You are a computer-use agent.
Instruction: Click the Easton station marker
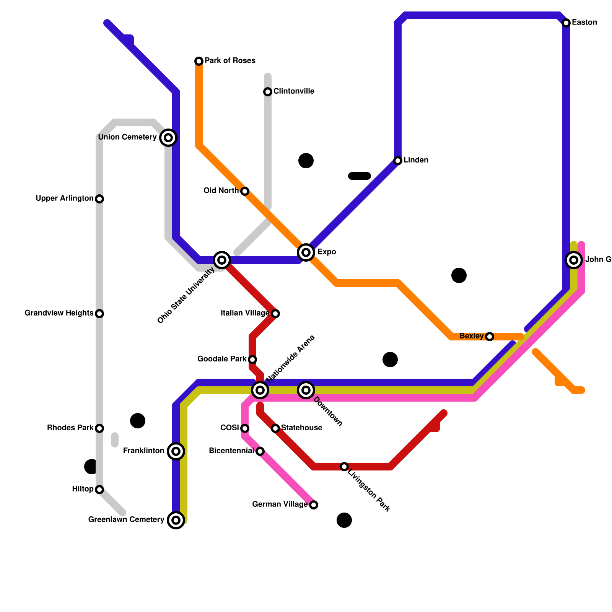coord(566,23)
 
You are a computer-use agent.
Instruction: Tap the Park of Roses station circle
coord(199,61)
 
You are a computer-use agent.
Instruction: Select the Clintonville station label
coord(294,91)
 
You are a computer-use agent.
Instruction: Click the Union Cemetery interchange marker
coord(168,138)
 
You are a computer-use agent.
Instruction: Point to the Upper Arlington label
coord(64,199)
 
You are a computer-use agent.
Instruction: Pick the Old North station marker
coord(245,191)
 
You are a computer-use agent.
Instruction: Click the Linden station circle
coord(398,161)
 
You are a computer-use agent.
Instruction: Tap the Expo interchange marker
coord(306,252)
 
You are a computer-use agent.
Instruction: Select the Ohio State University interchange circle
coord(222,260)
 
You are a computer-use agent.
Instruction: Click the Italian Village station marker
coord(275,314)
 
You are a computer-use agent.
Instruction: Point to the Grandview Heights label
coord(59,313)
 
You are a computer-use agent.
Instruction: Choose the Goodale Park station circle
coord(252,360)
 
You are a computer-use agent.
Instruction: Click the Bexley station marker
coord(490,337)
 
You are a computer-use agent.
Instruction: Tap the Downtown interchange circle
coord(306,390)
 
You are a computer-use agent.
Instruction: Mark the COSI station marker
coord(245,428)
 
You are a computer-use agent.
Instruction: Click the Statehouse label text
coord(301,428)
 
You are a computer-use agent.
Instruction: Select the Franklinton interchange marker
coord(176,451)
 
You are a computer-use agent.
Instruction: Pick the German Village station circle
coord(314,505)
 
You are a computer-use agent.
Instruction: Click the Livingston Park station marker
coord(344,467)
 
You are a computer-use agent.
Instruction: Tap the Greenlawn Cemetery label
coord(126,520)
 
